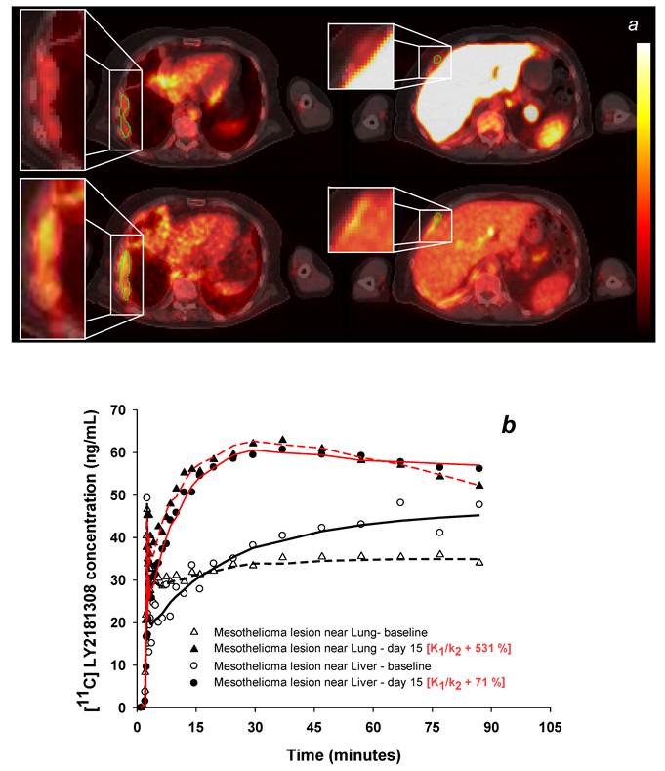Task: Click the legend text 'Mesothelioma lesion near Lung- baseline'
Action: pos(301,632)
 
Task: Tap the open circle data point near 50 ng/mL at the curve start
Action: pos(147,498)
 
